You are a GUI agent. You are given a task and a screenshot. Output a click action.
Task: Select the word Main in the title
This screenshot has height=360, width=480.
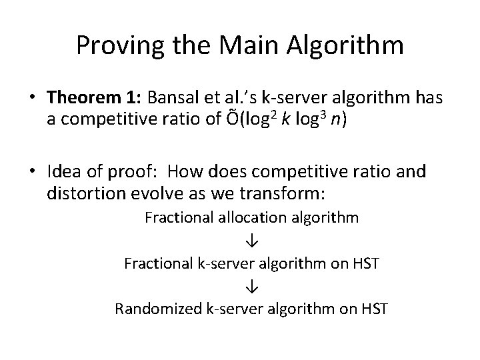pos(251,45)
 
